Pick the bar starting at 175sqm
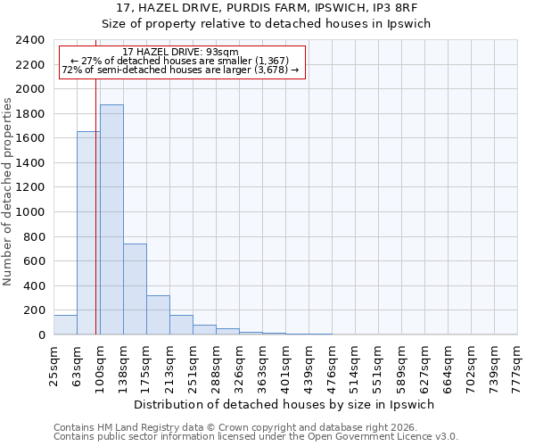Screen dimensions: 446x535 [158, 315]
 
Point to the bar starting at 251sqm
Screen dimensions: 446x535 [204, 329]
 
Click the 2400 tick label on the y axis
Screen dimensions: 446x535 [30, 41]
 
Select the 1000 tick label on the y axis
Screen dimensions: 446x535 [30, 212]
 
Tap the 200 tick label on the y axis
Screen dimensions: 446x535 [34, 310]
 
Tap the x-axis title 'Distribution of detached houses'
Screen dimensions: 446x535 [284, 404]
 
